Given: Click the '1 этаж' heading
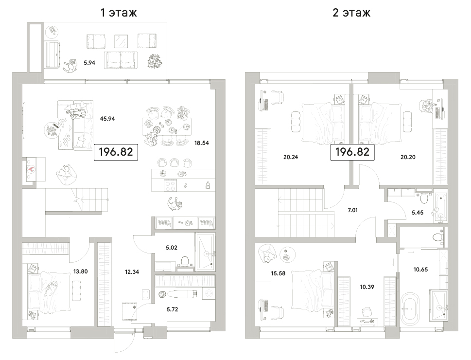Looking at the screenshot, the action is tap(119, 13).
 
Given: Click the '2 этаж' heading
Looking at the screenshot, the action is tap(351, 13).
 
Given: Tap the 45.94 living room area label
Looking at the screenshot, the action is tap(107, 119).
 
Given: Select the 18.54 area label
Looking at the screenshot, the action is tap(202, 143).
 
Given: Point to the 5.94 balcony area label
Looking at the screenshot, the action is tap(89, 63).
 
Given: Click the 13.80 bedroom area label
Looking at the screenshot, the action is tap(81, 271).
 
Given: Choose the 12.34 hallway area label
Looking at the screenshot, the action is tap(132, 272).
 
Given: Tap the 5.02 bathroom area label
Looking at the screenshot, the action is tap(172, 248).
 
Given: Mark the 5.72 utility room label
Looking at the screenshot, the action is tap(172, 309).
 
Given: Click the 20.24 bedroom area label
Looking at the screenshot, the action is tap(291, 157).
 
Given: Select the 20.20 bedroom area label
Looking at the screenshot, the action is tap(408, 157).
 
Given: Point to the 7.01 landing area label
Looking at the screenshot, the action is tap(353, 211).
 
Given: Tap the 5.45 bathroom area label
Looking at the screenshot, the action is tap(418, 213).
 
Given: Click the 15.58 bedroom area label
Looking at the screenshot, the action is tap(278, 274).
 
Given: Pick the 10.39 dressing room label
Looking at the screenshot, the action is tap(367, 287).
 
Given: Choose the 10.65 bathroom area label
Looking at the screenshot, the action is tap(420, 270).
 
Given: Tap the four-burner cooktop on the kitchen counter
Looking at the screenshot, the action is tap(170, 185).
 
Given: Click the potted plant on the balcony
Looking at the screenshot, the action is tap(155, 61).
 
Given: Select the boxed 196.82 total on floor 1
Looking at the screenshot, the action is tap(116, 152).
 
